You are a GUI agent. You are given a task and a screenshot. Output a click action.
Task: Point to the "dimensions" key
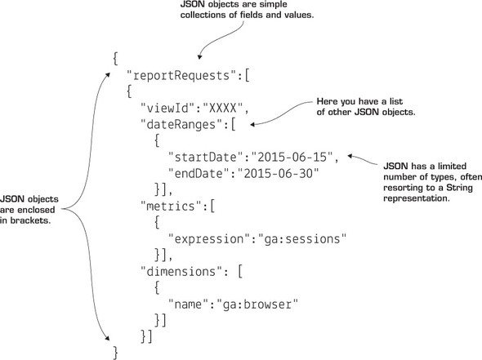[x=185, y=268]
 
